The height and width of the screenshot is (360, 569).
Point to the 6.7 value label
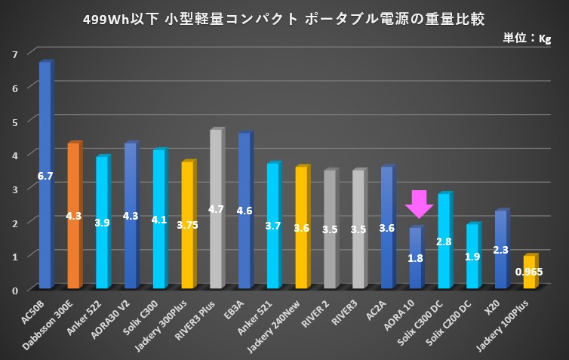click(45, 176)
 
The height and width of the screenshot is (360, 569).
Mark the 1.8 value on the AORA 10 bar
click(415, 258)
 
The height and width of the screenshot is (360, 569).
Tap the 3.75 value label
click(187, 224)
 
